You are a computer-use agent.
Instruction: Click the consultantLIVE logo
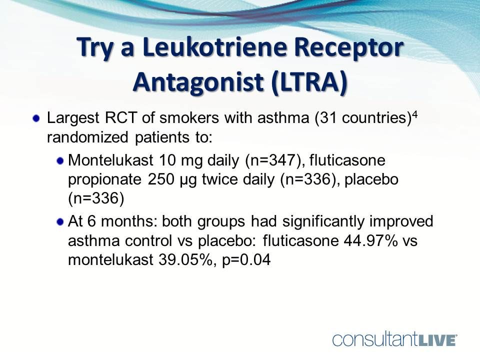(395, 340)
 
